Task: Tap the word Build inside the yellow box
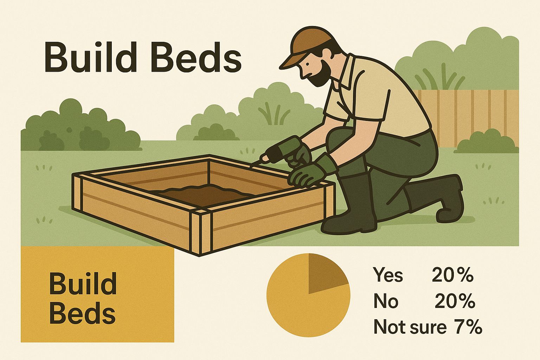coord(83,284)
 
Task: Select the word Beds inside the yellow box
coord(82,313)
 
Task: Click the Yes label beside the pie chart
coord(388,275)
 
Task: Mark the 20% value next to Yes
coord(452,275)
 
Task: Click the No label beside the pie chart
coord(386,301)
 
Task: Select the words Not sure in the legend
coord(410,327)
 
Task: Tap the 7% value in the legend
coord(468,327)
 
